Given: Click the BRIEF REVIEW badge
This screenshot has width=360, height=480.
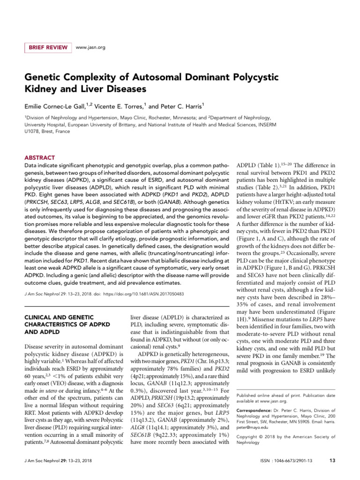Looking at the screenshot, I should point(47,47).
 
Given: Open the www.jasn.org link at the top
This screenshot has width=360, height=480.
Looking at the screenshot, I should point(90,47).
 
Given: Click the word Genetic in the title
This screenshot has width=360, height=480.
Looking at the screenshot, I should point(45,76).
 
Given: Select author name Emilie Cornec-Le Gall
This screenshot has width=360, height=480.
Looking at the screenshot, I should point(58,106).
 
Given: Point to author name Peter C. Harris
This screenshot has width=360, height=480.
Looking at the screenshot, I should point(180,106).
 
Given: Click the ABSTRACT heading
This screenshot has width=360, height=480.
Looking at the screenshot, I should point(39,158).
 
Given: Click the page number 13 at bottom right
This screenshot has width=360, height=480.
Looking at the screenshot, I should point(332,460).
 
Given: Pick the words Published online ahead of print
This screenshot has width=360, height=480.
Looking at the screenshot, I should point(268,396).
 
